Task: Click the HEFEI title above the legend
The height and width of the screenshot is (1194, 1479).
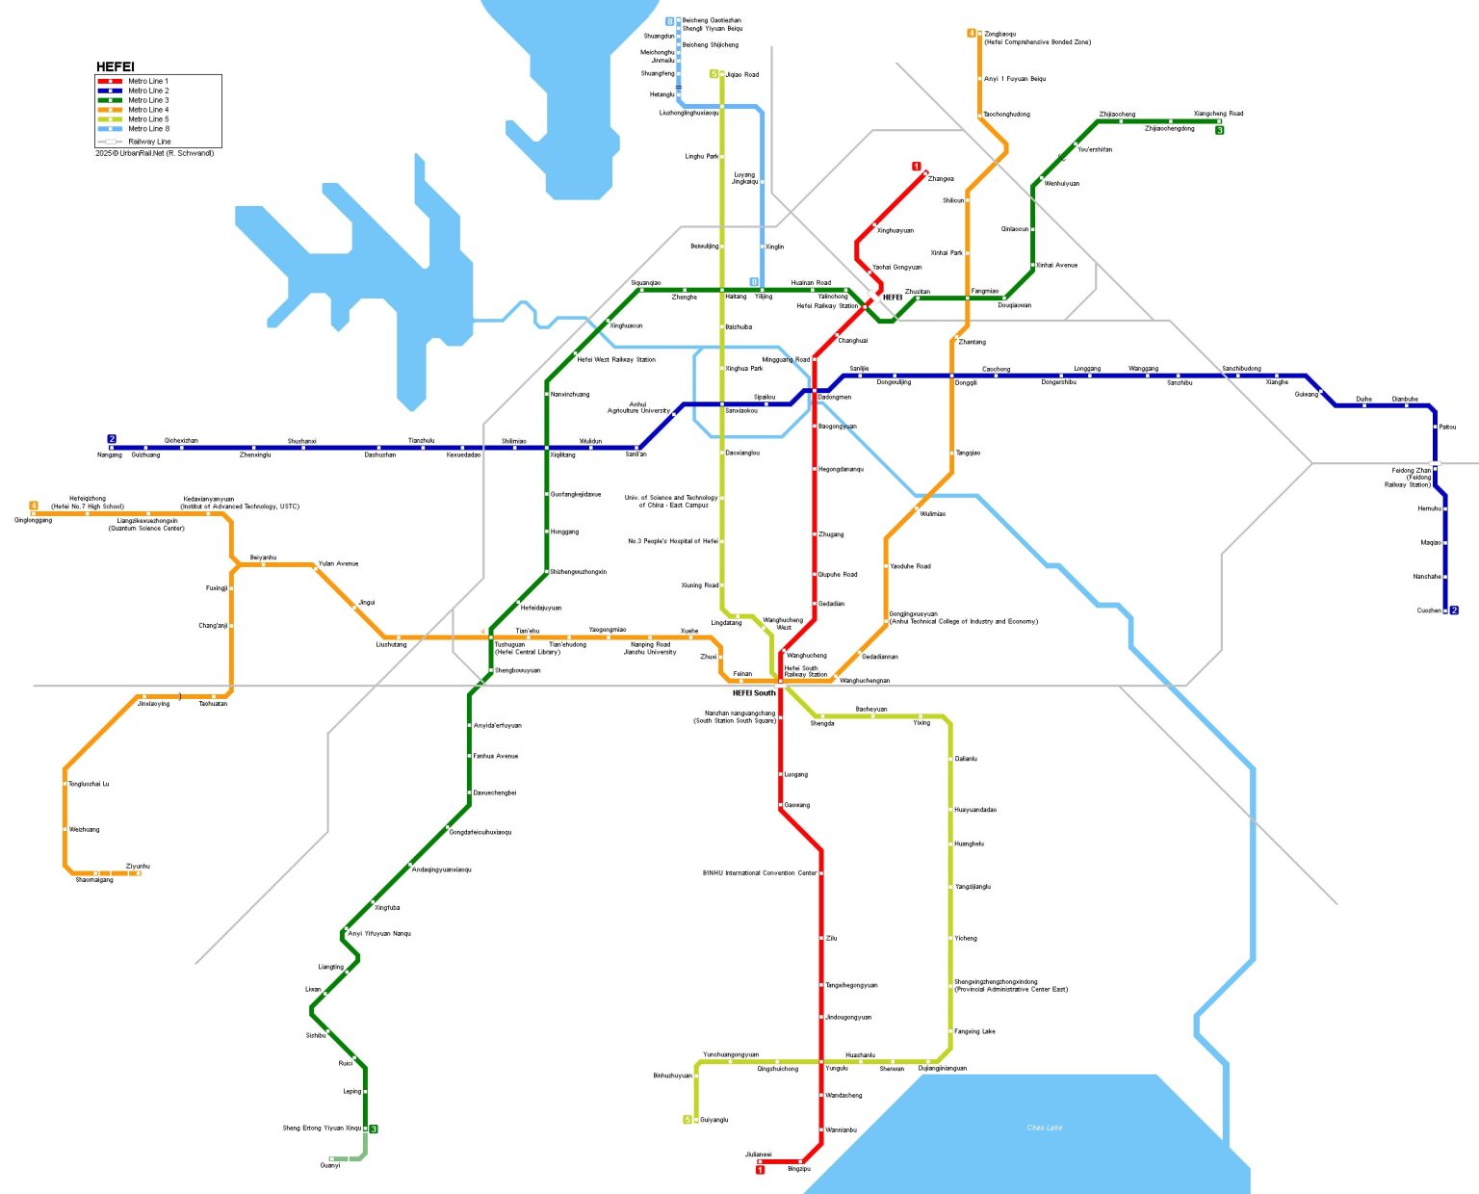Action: [115, 66]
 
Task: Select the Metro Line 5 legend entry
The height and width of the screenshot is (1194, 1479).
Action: [148, 119]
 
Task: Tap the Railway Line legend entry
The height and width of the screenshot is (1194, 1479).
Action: [149, 142]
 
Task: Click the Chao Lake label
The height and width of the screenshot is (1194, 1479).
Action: [1045, 1128]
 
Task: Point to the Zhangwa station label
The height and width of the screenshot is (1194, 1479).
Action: [941, 179]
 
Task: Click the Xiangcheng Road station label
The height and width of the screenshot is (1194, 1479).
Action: [1218, 114]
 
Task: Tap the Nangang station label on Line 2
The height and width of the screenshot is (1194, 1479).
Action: [110, 454]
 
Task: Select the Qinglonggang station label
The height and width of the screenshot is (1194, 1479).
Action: [34, 520]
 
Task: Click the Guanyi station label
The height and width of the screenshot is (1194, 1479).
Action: [330, 1165]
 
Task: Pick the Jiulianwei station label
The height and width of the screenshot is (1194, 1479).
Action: [758, 1154]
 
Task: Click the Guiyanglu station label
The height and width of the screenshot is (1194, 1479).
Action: [714, 1120]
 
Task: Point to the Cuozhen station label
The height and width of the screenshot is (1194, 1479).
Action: [1429, 610]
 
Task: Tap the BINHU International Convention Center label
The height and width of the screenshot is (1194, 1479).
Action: [759, 873]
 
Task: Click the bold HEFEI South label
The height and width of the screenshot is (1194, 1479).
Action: [753, 693]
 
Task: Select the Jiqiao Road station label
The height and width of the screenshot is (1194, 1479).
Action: [741, 74]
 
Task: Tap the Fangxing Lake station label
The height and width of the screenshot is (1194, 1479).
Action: [974, 1031]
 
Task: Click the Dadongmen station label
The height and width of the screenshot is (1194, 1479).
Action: [834, 397]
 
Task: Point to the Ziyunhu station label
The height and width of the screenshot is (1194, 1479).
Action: [138, 866]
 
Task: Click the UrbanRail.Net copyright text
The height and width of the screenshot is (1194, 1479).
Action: [154, 153]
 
